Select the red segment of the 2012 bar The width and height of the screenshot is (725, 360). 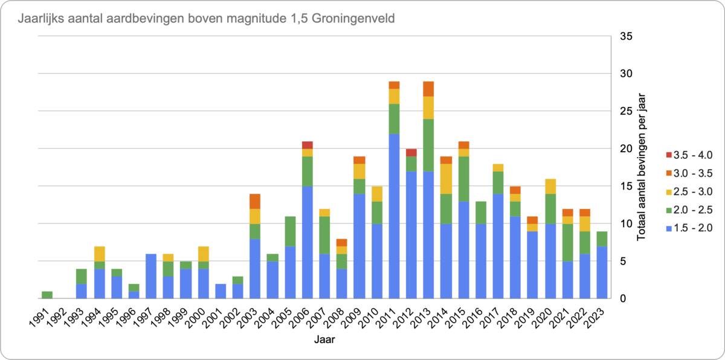pos(411,152)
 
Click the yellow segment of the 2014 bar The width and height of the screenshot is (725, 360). pos(446,178)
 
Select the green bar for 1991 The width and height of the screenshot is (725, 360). pos(47,295)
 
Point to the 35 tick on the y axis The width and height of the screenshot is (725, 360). pos(627,36)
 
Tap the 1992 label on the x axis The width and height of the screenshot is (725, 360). pos(59,317)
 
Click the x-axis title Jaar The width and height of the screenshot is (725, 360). pos(324,340)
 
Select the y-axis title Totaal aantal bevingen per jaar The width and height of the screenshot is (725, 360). pos(642,167)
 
